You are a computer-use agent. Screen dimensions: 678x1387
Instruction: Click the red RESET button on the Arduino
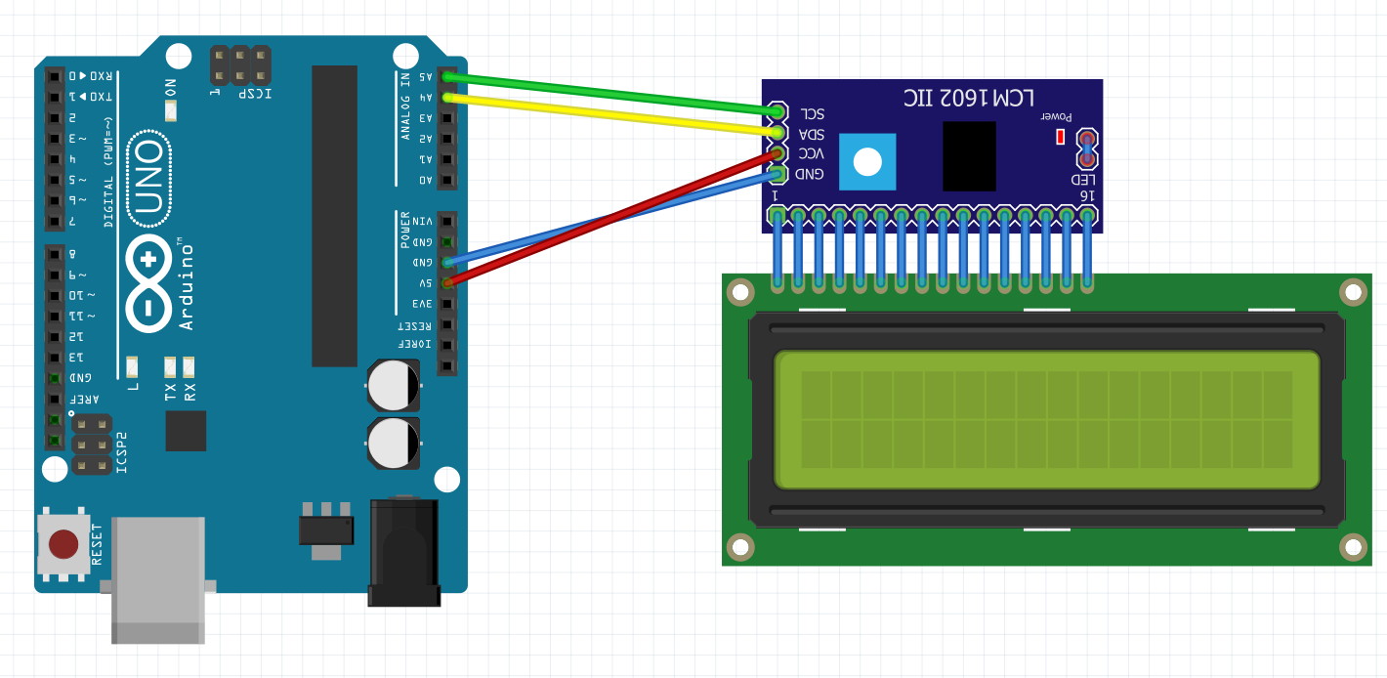click(63, 544)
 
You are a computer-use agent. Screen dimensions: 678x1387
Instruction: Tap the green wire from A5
click(606, 94)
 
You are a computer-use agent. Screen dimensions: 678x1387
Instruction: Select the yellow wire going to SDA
click(606, 114)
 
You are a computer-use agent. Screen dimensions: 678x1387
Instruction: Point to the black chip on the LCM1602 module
click(969, 156)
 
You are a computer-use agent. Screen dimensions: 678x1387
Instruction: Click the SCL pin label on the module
click(811, 114)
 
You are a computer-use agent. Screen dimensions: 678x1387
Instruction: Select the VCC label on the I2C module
click(811, 154)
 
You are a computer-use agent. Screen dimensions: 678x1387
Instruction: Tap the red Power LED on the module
click(1060, 137)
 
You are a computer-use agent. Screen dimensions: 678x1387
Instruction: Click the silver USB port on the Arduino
click(158, 580)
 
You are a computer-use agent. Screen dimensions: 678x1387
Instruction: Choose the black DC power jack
click(403, 552)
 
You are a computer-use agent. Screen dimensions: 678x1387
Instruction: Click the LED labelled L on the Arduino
click(133, 367)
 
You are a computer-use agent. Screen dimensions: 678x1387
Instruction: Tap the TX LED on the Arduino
click(171, 367)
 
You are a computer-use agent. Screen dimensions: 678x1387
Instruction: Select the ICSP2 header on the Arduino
click(92, 445)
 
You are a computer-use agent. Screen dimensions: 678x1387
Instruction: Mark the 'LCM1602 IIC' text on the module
click(968, 98)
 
